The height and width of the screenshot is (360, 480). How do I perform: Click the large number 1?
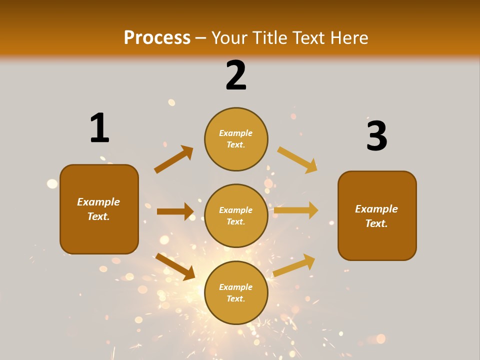[99, 128]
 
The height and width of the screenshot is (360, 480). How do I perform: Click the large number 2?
[236, 75]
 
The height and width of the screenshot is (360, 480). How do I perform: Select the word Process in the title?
[157, 37]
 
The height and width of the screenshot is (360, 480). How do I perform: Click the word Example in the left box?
[98, 202]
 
